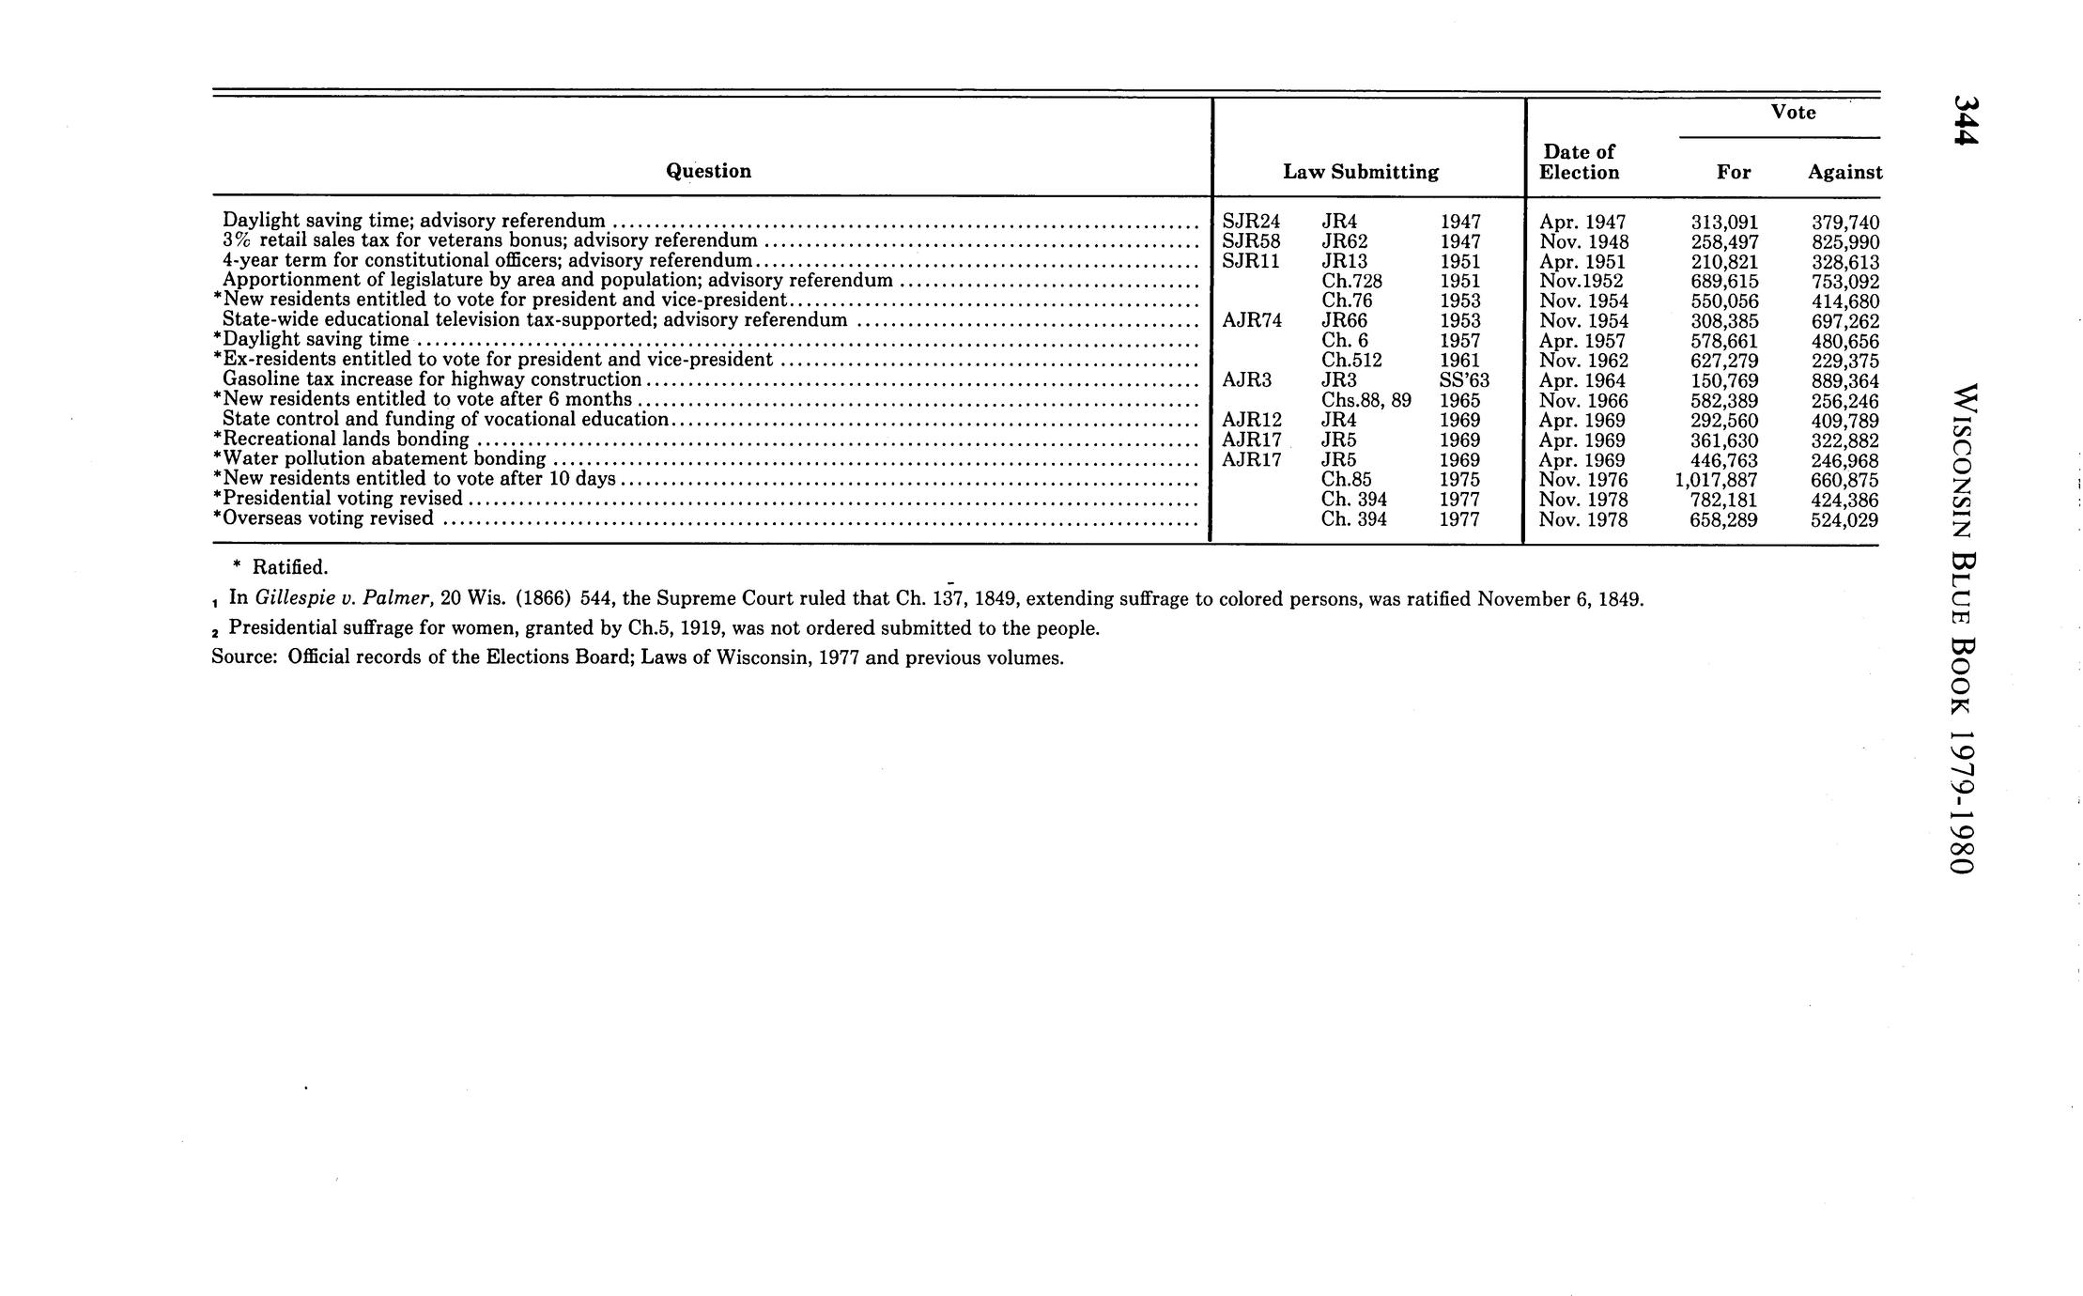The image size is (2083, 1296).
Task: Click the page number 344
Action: [1965, 120]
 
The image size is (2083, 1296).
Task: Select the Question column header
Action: [708, 171]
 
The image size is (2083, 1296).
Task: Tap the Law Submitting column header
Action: [1361, 172]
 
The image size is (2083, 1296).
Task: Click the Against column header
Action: [1844, 172]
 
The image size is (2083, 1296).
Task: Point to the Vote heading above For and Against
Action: [1793, 113]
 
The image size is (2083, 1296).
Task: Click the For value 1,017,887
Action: [1715, 480]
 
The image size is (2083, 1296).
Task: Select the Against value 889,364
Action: [1844, 380]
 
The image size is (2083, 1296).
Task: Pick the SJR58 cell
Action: [1251, 241]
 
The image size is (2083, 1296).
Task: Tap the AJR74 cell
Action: [1252, 320]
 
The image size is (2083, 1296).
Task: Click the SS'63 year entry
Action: [1464, 380]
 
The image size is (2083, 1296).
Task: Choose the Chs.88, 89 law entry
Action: [1366, 400]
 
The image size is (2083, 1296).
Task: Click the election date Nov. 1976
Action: [1583, 480]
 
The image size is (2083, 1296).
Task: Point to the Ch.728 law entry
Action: [1351, 281]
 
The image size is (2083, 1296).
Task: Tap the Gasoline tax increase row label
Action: [432, 379]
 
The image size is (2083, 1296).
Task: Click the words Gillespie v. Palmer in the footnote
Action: [343, 598]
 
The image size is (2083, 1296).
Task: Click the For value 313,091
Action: [1724, 222]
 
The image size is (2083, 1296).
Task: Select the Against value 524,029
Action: [1844, 519]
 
